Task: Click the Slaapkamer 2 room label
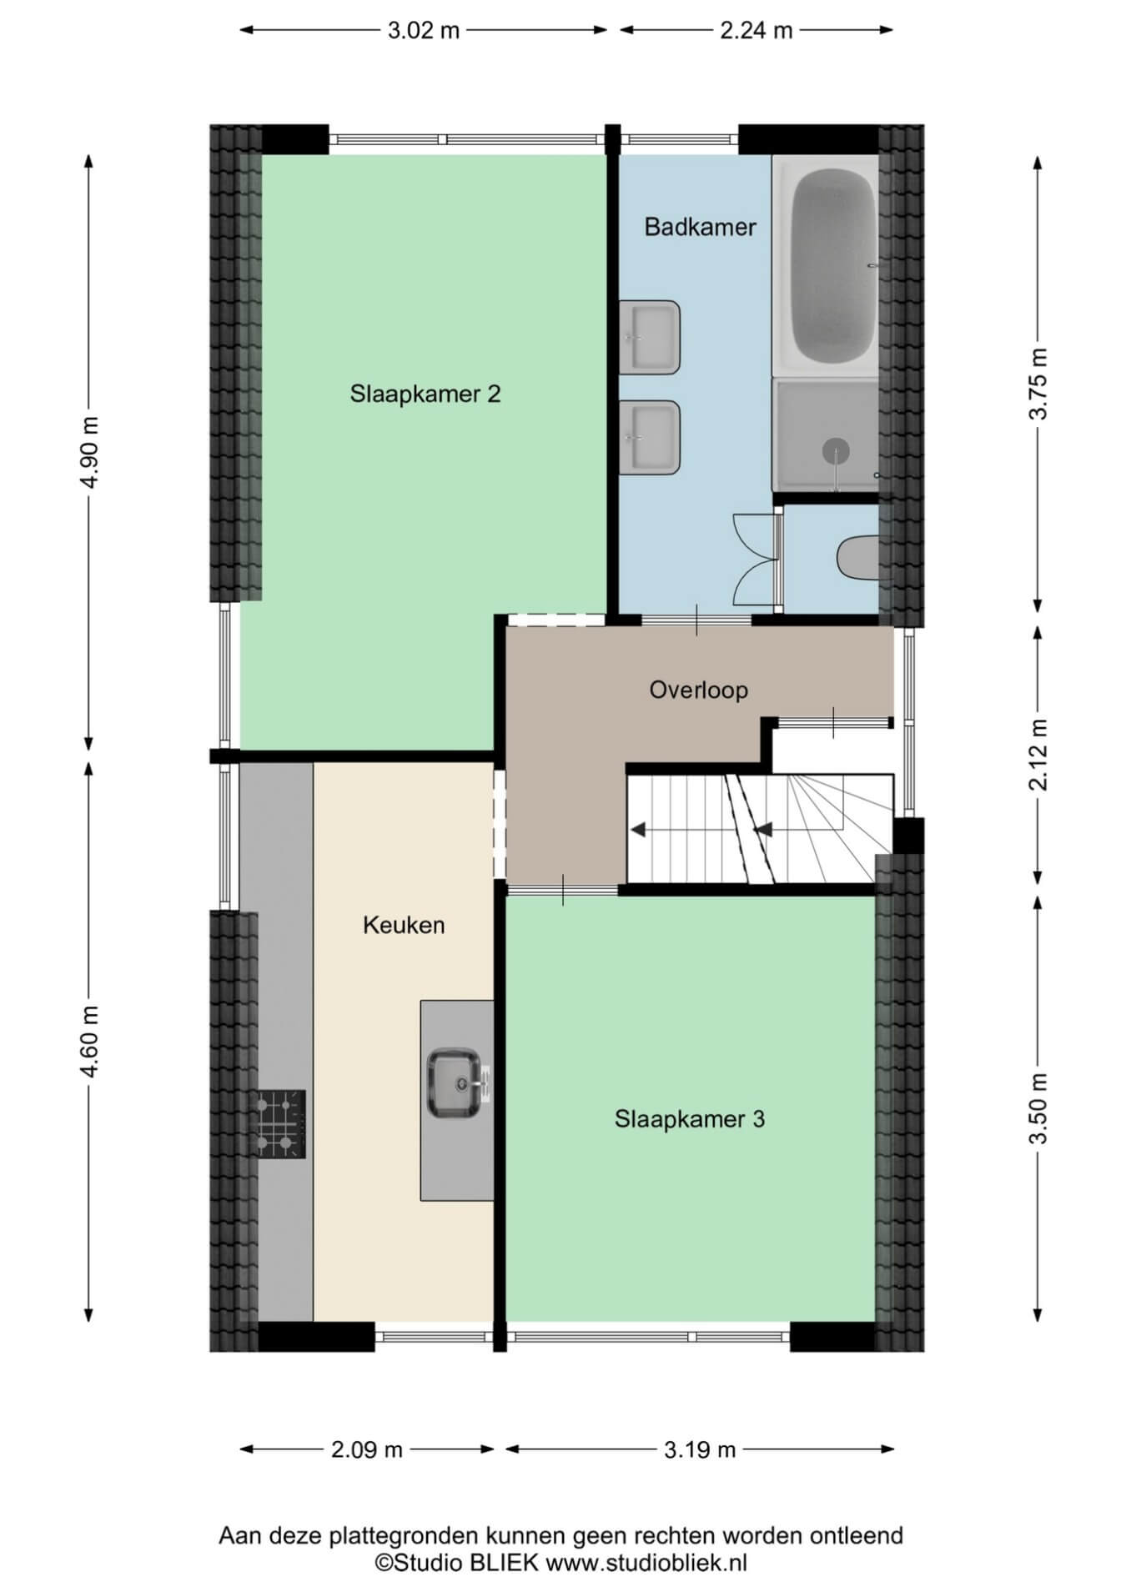[x=425, y=394]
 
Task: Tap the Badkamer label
[x=700, y=227]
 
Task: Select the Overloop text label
[x=698, y=690]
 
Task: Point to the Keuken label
[x=404, y=925]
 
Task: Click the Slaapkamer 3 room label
[x=689, y=1119]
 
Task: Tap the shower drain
[x=836, y=451]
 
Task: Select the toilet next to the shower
[x=857, y=558]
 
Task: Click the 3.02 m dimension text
[x=424, y=31]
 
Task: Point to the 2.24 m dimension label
[x=756, y=31]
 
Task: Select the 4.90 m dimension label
[x=92, y=452]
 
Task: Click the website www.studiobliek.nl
[x=646, y=1562]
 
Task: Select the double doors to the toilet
[x=756, y=559]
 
